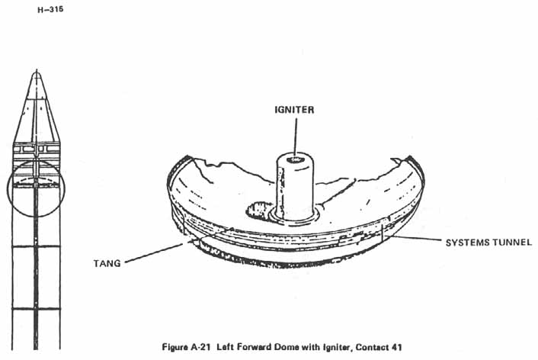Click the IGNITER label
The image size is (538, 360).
tap(294, 110)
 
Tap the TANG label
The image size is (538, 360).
tap(107, 263)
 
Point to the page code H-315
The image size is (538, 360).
tap(50, 9)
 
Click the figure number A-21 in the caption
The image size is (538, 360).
tap(199, 347)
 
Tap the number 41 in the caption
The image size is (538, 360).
tap(396, 347)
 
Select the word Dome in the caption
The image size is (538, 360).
tap(288, 347)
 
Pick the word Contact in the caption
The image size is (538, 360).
tap(372, 347)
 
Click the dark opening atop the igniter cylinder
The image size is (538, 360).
tap(296, 159)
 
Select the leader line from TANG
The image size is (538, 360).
tap(154, 253)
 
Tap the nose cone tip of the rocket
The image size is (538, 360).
tap(37, 71)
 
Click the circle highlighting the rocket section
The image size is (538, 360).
tap(36, 188)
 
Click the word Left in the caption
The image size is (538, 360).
tap(224, 347)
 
